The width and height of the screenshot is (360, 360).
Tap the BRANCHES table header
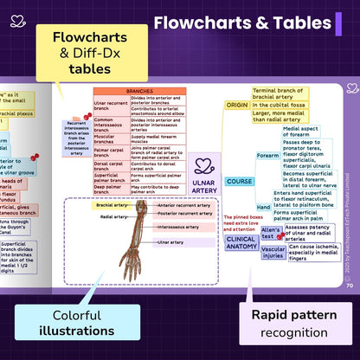[139, 91]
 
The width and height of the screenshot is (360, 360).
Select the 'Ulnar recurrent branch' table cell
[111, 106]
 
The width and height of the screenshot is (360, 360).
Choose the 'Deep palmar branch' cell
[111, 187]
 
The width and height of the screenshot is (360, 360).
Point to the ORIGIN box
[237, 105]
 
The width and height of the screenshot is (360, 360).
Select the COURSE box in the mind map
[239, 182]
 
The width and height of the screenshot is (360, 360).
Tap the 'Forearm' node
[268, 156]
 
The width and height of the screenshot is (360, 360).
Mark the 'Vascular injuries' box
[273, 252]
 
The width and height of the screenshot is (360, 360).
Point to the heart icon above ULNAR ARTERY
[203, 165]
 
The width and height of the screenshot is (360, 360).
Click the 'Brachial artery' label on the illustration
[113, 205]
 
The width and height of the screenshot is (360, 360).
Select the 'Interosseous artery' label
[183, 227]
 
